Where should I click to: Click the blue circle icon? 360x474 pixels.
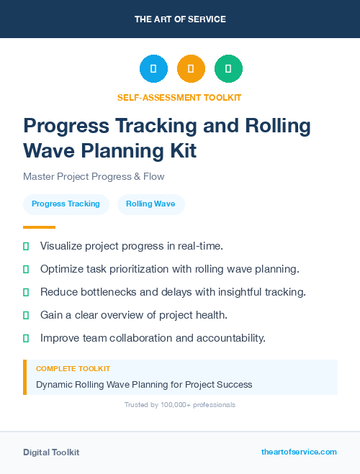(153, 68)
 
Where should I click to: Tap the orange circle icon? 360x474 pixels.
(191, 68)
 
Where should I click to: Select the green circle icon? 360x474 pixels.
(228, 68)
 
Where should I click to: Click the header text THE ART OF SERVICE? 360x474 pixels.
(180, 19)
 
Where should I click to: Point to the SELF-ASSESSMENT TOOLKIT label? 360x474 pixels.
(179, 97)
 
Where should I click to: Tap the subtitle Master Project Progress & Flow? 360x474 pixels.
(94, 176)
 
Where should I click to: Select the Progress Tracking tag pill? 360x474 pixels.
(66, 204)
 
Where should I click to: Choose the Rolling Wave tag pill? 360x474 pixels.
(150, 204)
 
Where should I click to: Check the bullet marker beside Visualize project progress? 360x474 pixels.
(26, 246)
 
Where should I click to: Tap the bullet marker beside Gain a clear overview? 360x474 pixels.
(26, 315)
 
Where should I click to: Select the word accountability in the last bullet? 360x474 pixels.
(233, 337)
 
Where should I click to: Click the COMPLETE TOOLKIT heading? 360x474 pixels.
(73, 368)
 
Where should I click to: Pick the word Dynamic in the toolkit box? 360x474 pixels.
(54, 384)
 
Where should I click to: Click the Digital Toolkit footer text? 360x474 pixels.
(51, 452)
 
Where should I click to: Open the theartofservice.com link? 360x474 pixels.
(299, 452)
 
